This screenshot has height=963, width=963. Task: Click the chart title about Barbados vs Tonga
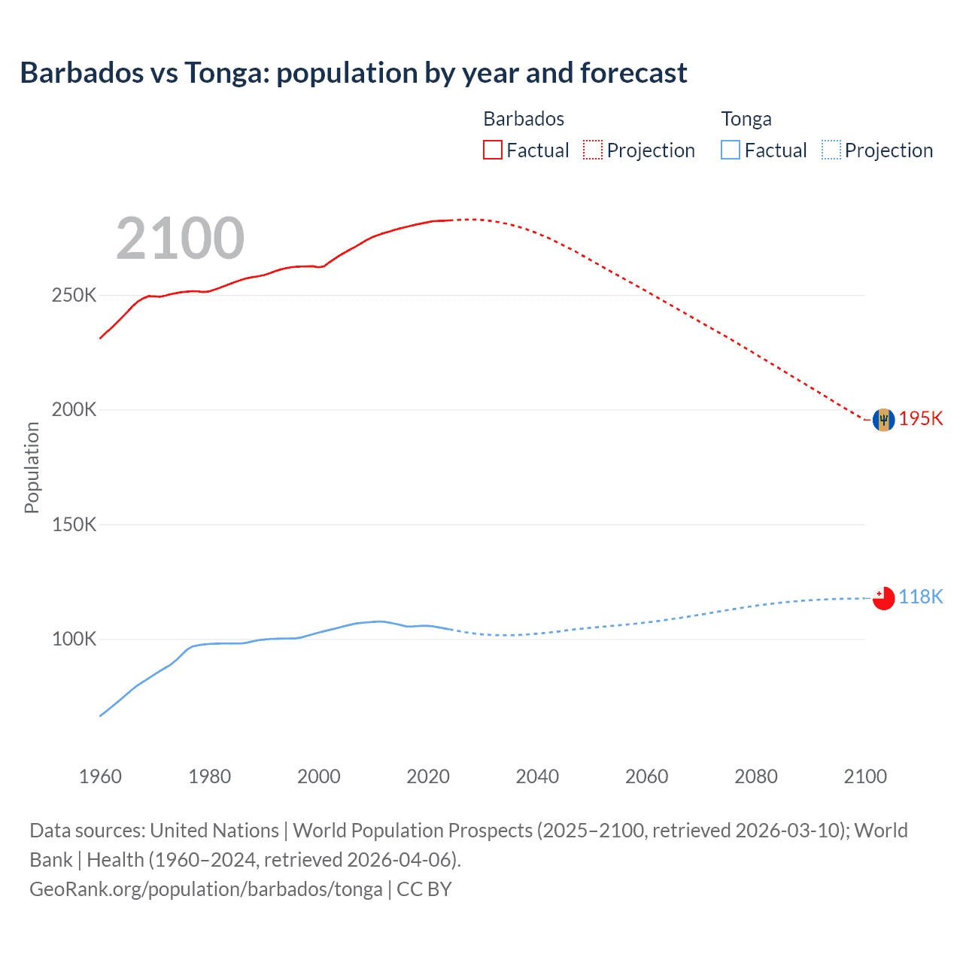pos(354,73)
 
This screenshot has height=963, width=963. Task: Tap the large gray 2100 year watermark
pos(180,238)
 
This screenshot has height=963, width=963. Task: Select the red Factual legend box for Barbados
pos(492,150)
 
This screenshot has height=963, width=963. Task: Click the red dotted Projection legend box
pos(593,150)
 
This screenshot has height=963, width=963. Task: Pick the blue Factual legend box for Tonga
pos(731,150)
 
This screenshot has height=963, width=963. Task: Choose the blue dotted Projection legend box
pos(831,150)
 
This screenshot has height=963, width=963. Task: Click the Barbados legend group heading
pos(524,119)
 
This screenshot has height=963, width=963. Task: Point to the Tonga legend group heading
pos(746,119)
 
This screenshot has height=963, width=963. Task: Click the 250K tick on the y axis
pos(74,296)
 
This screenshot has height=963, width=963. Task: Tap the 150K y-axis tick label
pos(74,524)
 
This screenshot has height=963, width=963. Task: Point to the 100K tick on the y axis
pos(74,639)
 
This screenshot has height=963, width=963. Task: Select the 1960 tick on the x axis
pos(100,776)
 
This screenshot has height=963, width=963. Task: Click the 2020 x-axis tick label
pos(428,776)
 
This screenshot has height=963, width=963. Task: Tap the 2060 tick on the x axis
pos(646,776)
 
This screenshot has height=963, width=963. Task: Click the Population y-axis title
pos(32,467)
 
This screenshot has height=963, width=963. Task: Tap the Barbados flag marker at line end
pos(883,420)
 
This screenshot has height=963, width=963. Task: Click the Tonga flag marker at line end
pos(883,598)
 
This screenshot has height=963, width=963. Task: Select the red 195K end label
pos(921,419)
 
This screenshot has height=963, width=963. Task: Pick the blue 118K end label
pos(921,597)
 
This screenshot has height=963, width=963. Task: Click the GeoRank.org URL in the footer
pos(206,889)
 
